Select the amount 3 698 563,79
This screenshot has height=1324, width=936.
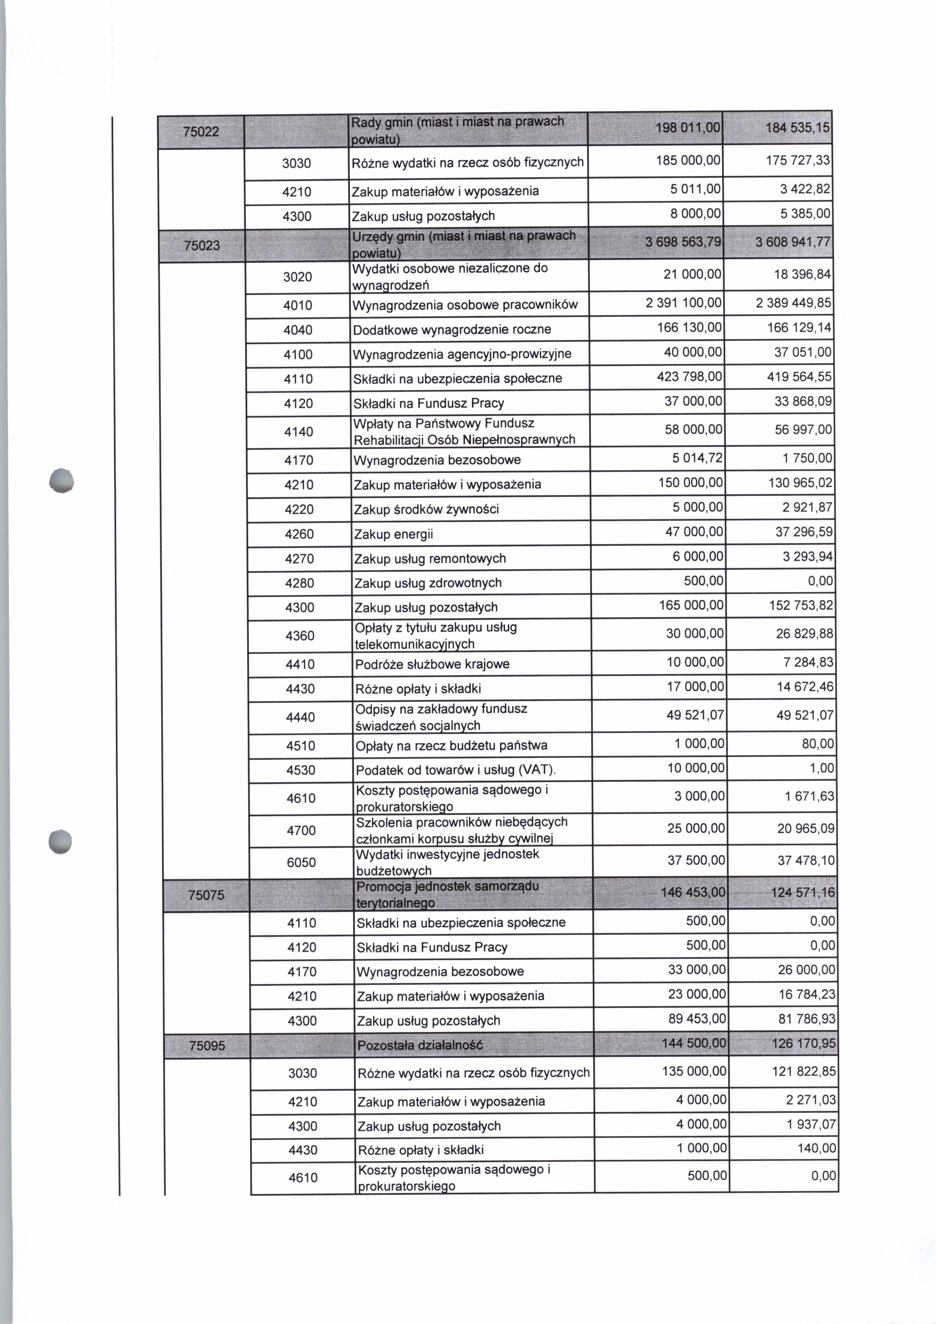click(x=683, y=242)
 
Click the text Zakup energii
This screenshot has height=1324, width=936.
click(x=394, y=535)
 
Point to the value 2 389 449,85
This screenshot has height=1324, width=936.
click(x=794, y=303)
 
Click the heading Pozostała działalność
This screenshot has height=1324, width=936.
click(x=420, y=1045)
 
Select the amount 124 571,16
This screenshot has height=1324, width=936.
click(x=803, y=893)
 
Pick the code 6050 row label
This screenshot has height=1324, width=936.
click(x=301, y=863)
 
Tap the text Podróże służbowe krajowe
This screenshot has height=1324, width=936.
click(x=432, y=664)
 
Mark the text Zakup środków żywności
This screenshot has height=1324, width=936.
click(x=426, y=510)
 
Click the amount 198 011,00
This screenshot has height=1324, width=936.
click(x=688, y=128)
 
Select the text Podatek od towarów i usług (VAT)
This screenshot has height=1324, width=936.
click(x=455, y=771)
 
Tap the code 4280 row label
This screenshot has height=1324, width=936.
click(x=299, y=583)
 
